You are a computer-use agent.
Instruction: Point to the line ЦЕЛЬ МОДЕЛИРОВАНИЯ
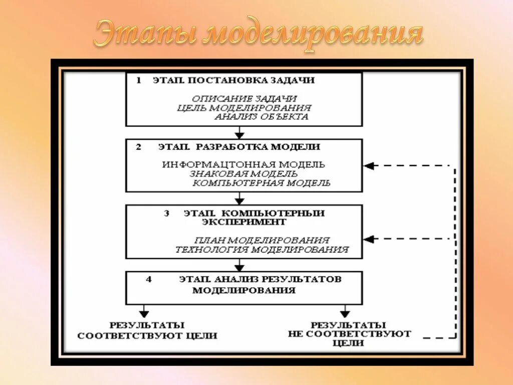pos(244,108)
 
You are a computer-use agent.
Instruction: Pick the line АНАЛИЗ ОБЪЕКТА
pos(261,117)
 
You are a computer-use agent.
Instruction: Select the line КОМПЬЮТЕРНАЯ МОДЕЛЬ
pos(262,183)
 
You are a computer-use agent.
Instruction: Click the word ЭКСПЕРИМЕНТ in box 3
pos(245,222)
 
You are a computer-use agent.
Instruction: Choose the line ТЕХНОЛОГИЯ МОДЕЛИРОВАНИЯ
pos(262,249)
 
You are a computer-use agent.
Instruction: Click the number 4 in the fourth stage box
pos(149,279)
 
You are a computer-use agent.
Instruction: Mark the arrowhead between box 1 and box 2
pos(240,134)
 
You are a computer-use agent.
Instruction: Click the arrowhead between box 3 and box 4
pos(240,267)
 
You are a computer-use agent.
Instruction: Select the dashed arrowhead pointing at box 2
pos(369,166)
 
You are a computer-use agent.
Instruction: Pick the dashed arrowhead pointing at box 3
pos(369,239)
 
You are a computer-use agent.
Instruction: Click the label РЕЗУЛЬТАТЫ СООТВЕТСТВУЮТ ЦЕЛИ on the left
pos(147,331)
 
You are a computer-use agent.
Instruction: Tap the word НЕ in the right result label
pos(296,334)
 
